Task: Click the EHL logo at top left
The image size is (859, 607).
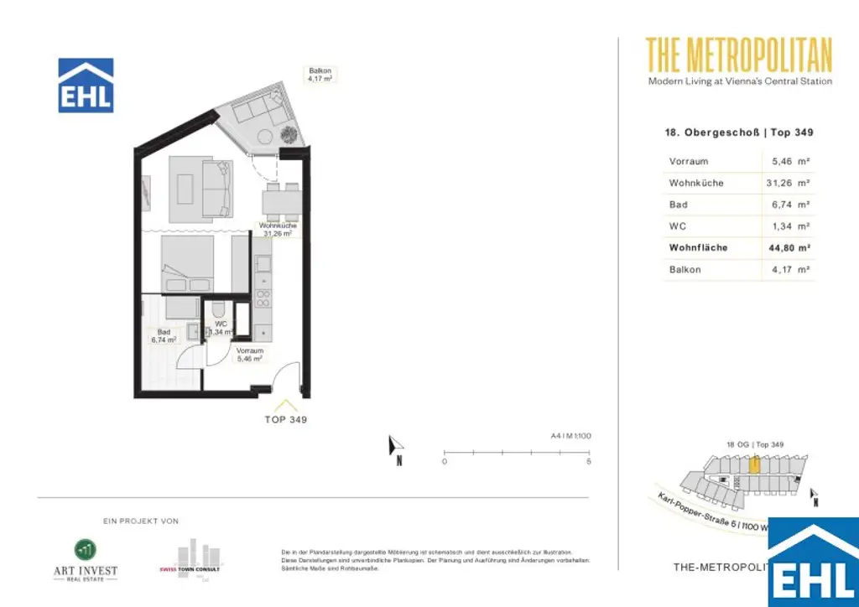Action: click(86, 86)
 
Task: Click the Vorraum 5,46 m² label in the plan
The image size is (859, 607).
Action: click(250, 355)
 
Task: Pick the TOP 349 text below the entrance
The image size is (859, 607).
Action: click(287, 419)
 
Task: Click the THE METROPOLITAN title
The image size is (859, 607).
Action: click(739, 55)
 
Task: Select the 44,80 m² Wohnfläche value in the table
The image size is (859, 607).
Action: click(790, 248)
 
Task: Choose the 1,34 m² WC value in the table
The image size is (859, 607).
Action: click(790, 226)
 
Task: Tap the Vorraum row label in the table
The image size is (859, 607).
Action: click(689, 161)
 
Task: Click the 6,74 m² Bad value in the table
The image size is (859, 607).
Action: click(790, 205)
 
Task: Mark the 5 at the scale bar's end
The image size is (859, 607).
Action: click(589, 462)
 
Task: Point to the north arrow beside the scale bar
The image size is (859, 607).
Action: click(397, 448)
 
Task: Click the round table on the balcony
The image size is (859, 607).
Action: click(265, 137)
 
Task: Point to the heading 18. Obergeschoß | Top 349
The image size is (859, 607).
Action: click(738, 132)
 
